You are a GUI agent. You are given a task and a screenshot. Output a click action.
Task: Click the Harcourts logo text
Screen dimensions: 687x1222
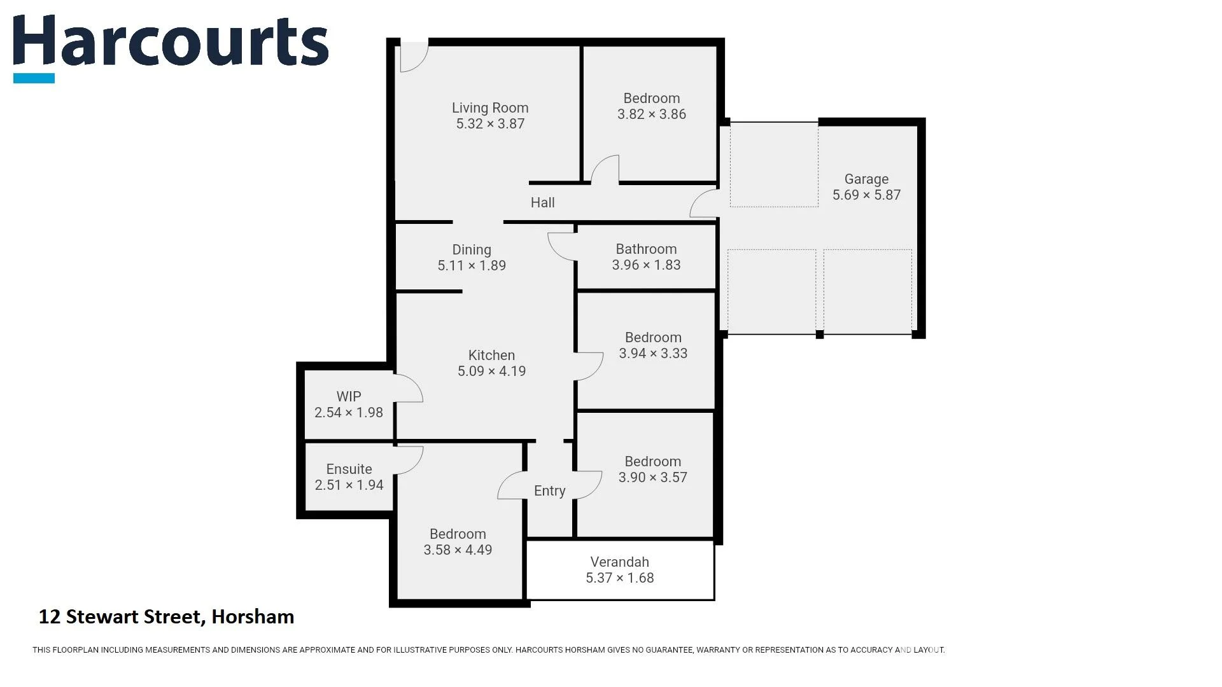coord(171,42)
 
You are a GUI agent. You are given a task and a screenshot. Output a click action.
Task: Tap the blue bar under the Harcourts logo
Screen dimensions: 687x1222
coord(34,78)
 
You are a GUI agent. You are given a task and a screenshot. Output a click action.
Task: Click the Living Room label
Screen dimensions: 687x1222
coord(490,108)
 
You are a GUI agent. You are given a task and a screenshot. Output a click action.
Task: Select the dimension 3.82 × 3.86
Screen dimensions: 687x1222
coord(651,114)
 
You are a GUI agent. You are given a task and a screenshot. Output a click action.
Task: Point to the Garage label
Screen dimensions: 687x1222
coord(866,179)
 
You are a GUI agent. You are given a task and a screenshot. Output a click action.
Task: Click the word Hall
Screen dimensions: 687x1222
coord(542,203)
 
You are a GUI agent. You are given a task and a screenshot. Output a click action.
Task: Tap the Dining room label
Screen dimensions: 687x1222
coord(471,250)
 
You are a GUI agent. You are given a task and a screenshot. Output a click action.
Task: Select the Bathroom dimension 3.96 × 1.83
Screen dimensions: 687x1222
coord(646,265)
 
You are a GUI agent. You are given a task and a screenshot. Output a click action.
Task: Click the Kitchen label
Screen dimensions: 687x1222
coord(491,356)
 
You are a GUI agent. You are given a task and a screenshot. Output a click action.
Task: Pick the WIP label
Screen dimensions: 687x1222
coord(348,396)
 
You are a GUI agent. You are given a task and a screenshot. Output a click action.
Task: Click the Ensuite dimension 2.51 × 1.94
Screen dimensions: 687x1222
coord(349,485)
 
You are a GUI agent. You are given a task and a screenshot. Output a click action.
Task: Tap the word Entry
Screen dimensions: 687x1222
coord(549,491)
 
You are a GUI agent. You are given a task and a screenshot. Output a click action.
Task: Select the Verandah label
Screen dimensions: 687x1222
coord(619,562)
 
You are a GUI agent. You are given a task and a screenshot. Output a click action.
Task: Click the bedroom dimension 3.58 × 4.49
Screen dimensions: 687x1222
coord(458,550)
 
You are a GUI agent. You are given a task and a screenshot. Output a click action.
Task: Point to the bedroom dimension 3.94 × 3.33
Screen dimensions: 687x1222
coord(653,354)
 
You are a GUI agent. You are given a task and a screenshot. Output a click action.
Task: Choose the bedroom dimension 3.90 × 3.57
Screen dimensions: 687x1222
coord(652,478)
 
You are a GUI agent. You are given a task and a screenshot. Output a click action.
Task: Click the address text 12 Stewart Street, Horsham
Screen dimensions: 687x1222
coord(166,617)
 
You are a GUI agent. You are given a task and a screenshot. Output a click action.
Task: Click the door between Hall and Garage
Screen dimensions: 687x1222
coord(704,203)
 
